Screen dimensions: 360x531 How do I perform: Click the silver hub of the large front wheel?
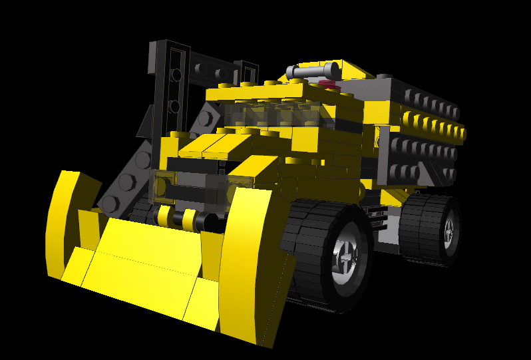pyautogui.click(x=347, y=256)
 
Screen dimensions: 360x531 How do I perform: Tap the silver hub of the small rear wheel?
pyautogui.click(x=448, y=230)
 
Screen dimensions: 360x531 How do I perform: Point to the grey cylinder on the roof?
pyautogui.click(x=311, y=70)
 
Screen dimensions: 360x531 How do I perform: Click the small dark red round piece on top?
pyautogui.click(x=327, y=84)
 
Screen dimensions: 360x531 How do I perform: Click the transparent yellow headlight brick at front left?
pyautogui.click(x=163, y=186)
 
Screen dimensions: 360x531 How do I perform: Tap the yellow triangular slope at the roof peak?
pyautogui.click(x=353, y=69)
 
